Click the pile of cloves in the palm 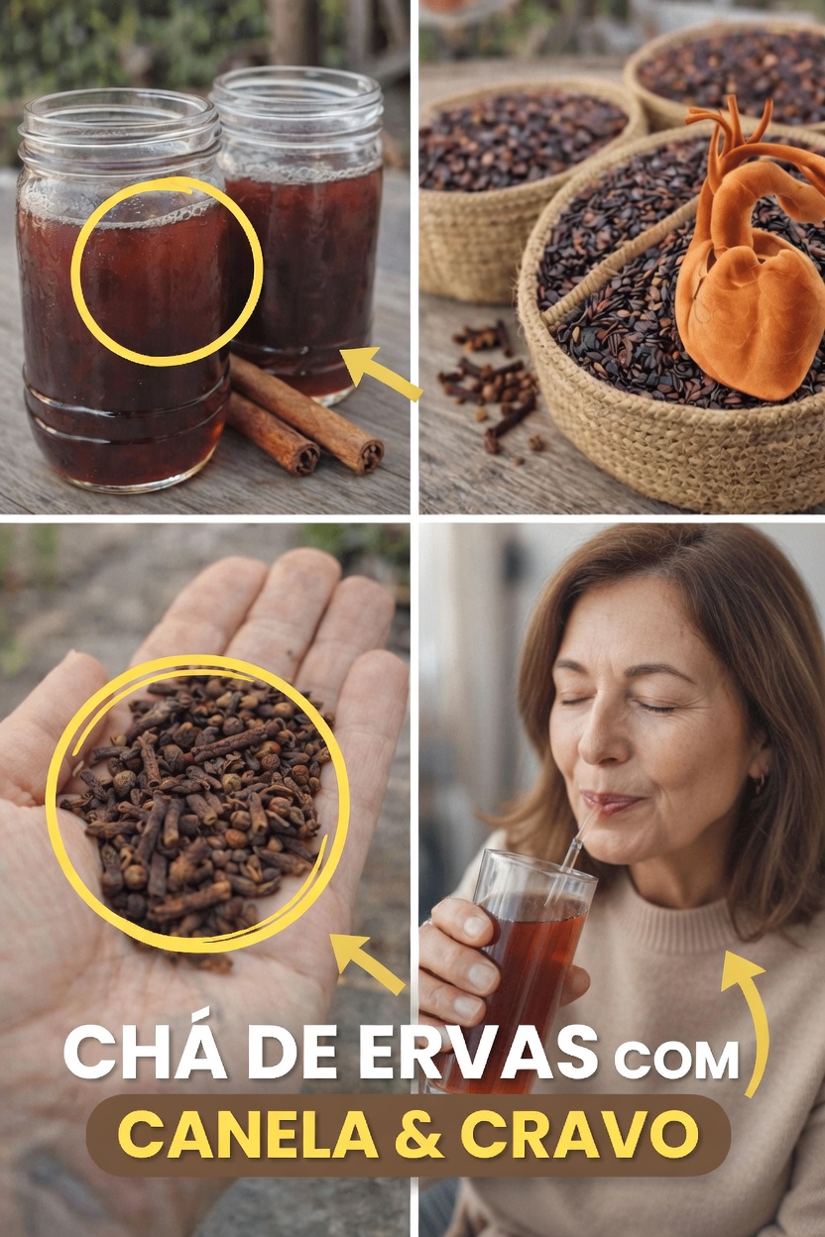tap(198, 803)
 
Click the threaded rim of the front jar tap(119, 124)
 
